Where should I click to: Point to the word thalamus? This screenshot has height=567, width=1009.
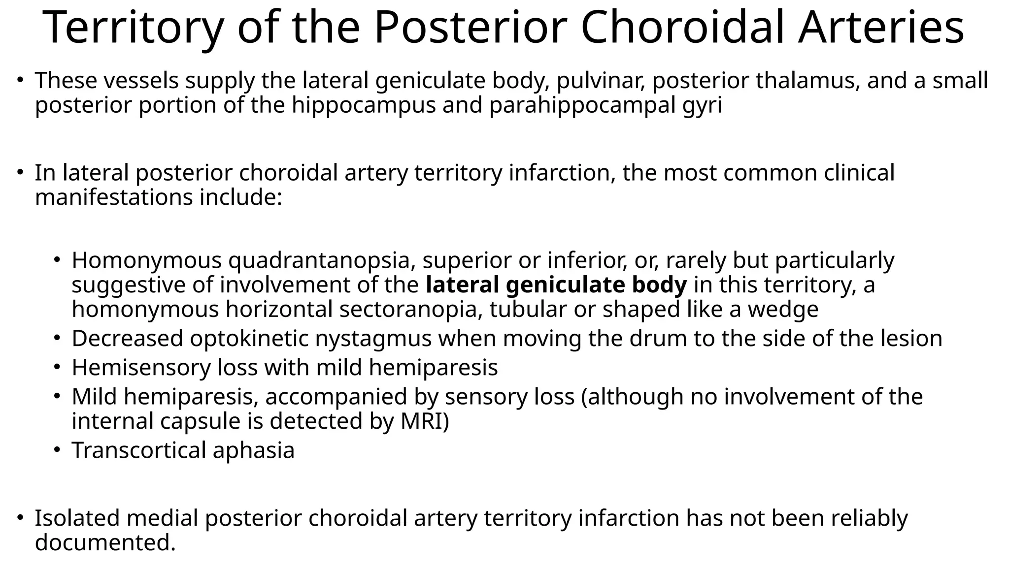(x=808, y=81)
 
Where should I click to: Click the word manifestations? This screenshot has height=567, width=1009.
(x=114, y=197)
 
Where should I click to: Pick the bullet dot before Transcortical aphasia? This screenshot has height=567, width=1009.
(x=57, y=449)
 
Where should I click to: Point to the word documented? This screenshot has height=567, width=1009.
(x=105, y=543)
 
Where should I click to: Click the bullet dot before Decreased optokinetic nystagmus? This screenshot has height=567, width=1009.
(x=57, y=338)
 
